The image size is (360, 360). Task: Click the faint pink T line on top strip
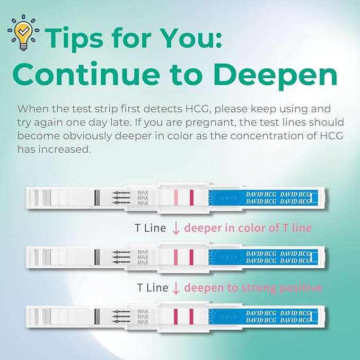point(175,198)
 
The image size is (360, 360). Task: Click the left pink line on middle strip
point(175,257)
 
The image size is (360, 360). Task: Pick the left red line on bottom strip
point(175,316)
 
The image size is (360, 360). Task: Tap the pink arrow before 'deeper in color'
point(177,229)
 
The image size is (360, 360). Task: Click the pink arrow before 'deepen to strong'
point(177,288)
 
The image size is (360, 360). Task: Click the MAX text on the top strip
point(143,198)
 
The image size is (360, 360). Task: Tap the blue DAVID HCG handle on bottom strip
point(265,316)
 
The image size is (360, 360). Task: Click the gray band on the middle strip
point(96,257)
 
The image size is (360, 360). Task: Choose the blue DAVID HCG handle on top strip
point(265,198)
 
